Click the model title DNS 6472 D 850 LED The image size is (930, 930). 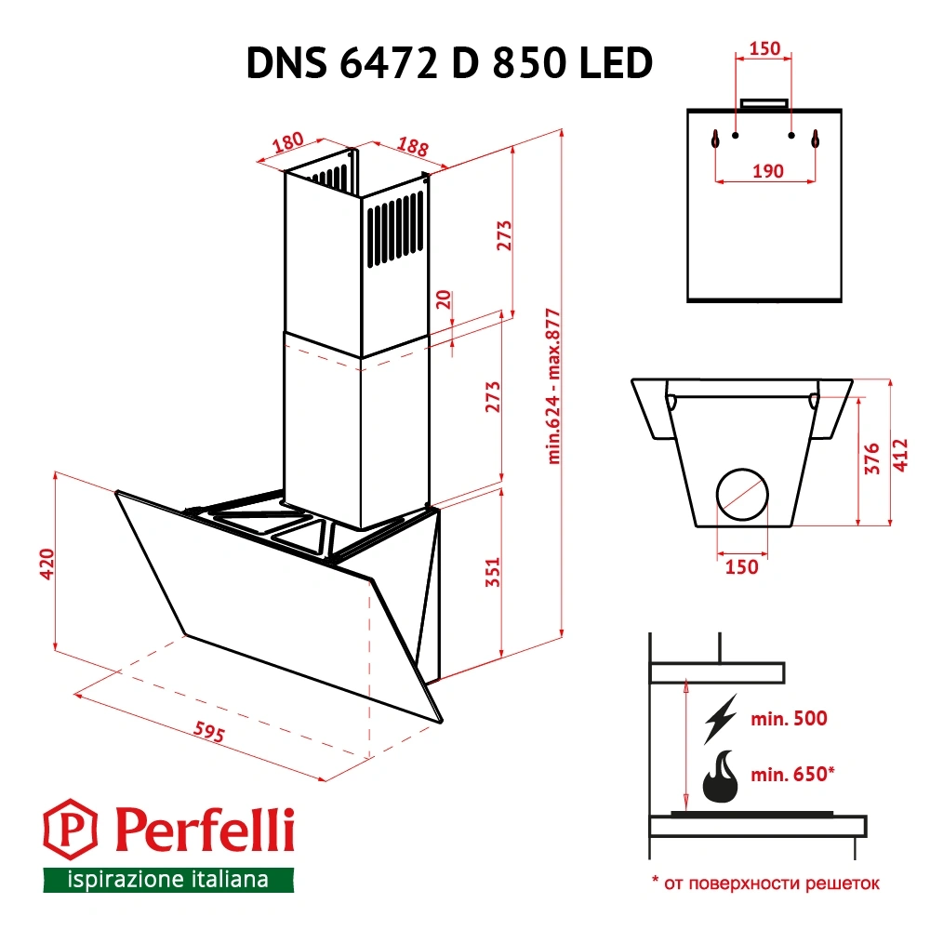tap(448, 64)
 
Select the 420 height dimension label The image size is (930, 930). tap(48, 564)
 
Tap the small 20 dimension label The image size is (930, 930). tap(444, 300)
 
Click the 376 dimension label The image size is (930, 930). tap(871, 459)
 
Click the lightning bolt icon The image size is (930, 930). tap(722, 718)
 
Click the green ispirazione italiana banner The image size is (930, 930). tap(168, 880)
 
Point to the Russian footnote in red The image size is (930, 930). tap(764, 883)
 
